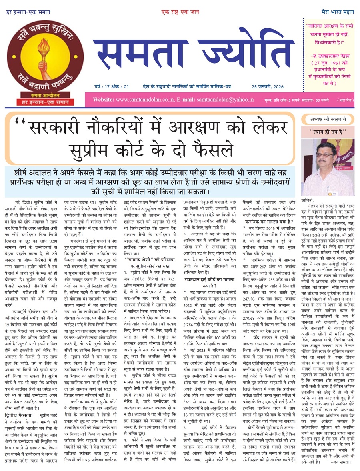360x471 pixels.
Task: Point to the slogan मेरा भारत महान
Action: click(338, 12)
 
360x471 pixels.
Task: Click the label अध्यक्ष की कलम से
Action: click(328, 119)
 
